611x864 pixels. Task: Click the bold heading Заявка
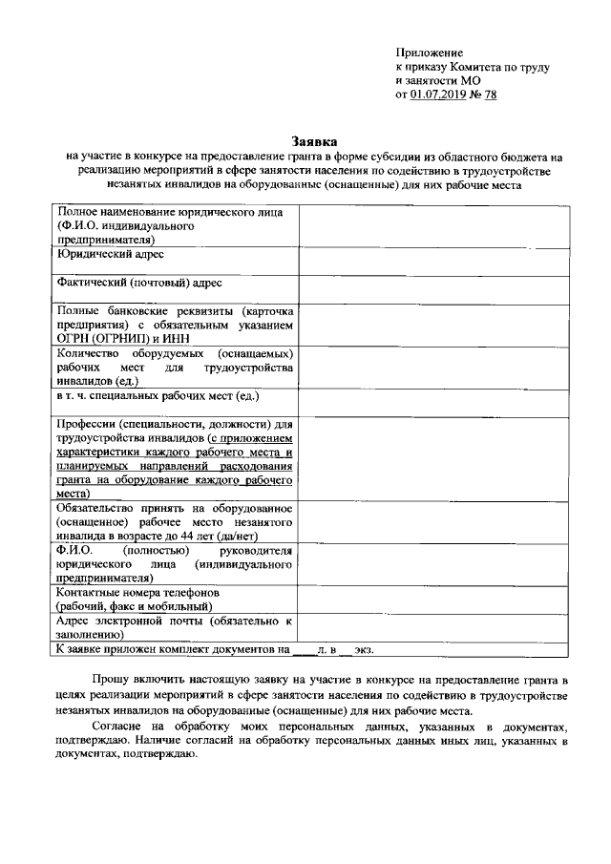click(313, 140)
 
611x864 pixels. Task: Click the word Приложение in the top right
click(429, 52)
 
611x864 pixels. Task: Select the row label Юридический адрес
click(110, 255)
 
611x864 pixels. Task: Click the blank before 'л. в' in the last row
click(302, 650)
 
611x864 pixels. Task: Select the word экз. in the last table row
click(364, 650)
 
